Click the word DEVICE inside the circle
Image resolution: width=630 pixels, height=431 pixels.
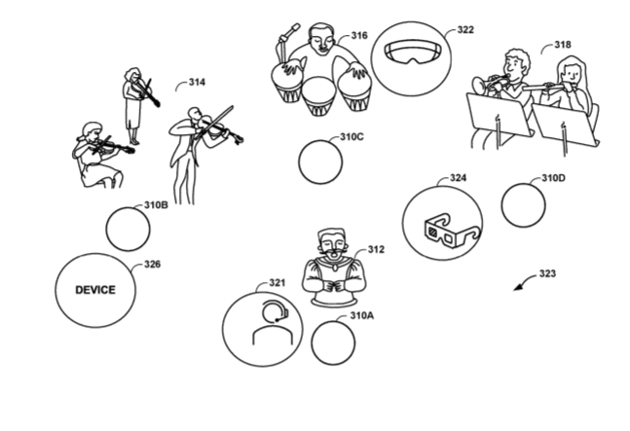[95, 290]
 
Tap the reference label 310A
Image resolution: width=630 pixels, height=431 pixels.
[361, 316]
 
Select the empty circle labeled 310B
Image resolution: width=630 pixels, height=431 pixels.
[128, 230]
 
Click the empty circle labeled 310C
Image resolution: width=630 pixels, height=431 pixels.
[320, 162]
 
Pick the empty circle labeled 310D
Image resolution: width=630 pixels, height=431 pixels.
[524, 205]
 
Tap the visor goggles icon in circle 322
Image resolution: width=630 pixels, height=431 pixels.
[414, 53]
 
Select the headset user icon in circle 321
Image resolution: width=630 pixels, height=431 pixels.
[273, 323]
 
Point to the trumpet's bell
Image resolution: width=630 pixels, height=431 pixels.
[478, 85]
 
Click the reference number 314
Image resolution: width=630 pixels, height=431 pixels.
[198, 83]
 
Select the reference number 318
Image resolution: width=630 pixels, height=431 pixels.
[563, 45]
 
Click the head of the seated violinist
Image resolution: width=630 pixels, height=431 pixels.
[91, 131]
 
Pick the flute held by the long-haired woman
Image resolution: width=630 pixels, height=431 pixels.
[543, 86]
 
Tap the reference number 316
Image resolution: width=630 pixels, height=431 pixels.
[359, 36]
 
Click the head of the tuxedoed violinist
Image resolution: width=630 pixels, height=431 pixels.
[195, 114]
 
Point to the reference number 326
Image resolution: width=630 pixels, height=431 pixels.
[152, 265]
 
